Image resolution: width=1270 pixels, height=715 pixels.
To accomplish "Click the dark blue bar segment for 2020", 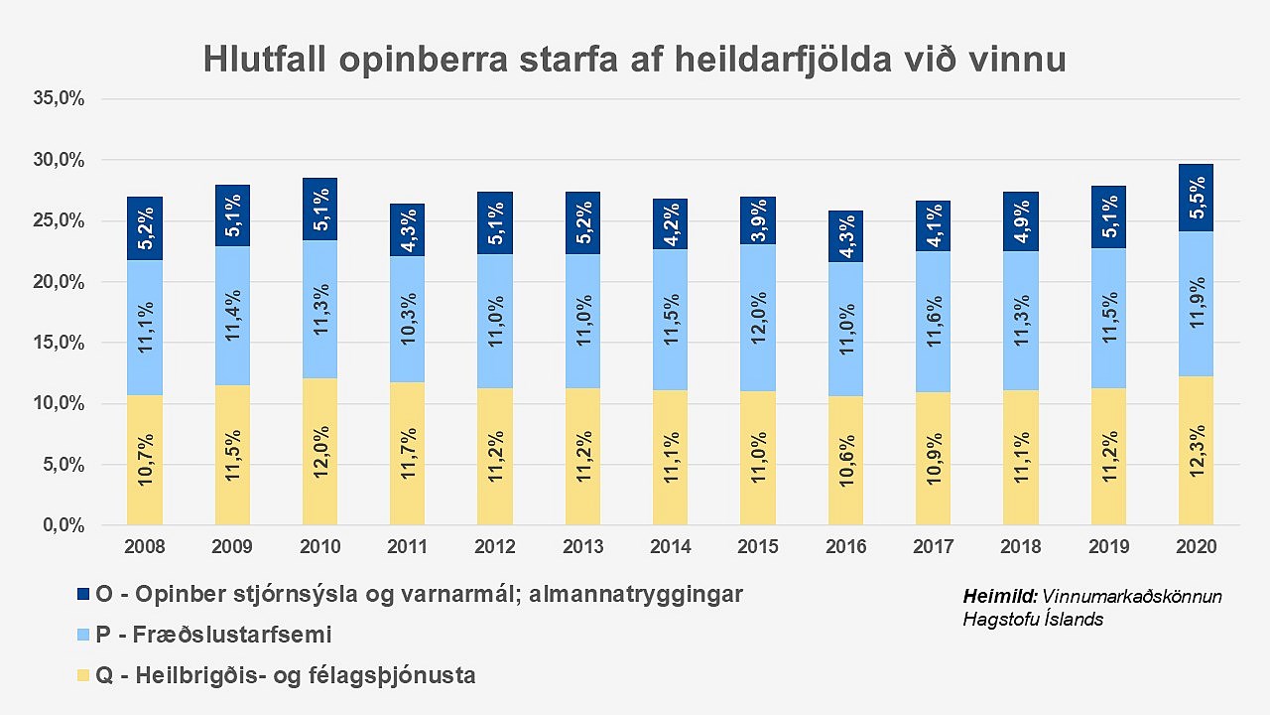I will coord(1196,198).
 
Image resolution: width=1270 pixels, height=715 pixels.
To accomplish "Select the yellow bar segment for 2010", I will coord(319,452).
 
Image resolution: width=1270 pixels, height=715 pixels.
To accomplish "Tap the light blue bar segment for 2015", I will coord(758,318).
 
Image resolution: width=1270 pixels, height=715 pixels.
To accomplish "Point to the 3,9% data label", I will coord(758,220).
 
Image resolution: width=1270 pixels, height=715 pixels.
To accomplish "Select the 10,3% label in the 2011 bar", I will coord(407,320).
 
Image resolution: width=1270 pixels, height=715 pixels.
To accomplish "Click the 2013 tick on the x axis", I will coord(582,546).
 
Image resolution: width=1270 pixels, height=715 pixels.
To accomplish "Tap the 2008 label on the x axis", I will coord(145,546).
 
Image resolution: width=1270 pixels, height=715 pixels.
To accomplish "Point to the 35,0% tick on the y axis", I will coord(60,99).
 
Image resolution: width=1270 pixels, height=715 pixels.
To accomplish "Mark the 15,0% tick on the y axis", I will coord(60,343).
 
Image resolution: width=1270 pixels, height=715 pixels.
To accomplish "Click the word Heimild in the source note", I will coord(999,597).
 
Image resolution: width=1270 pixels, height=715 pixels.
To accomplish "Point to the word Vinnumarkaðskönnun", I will coord(1132,597).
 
